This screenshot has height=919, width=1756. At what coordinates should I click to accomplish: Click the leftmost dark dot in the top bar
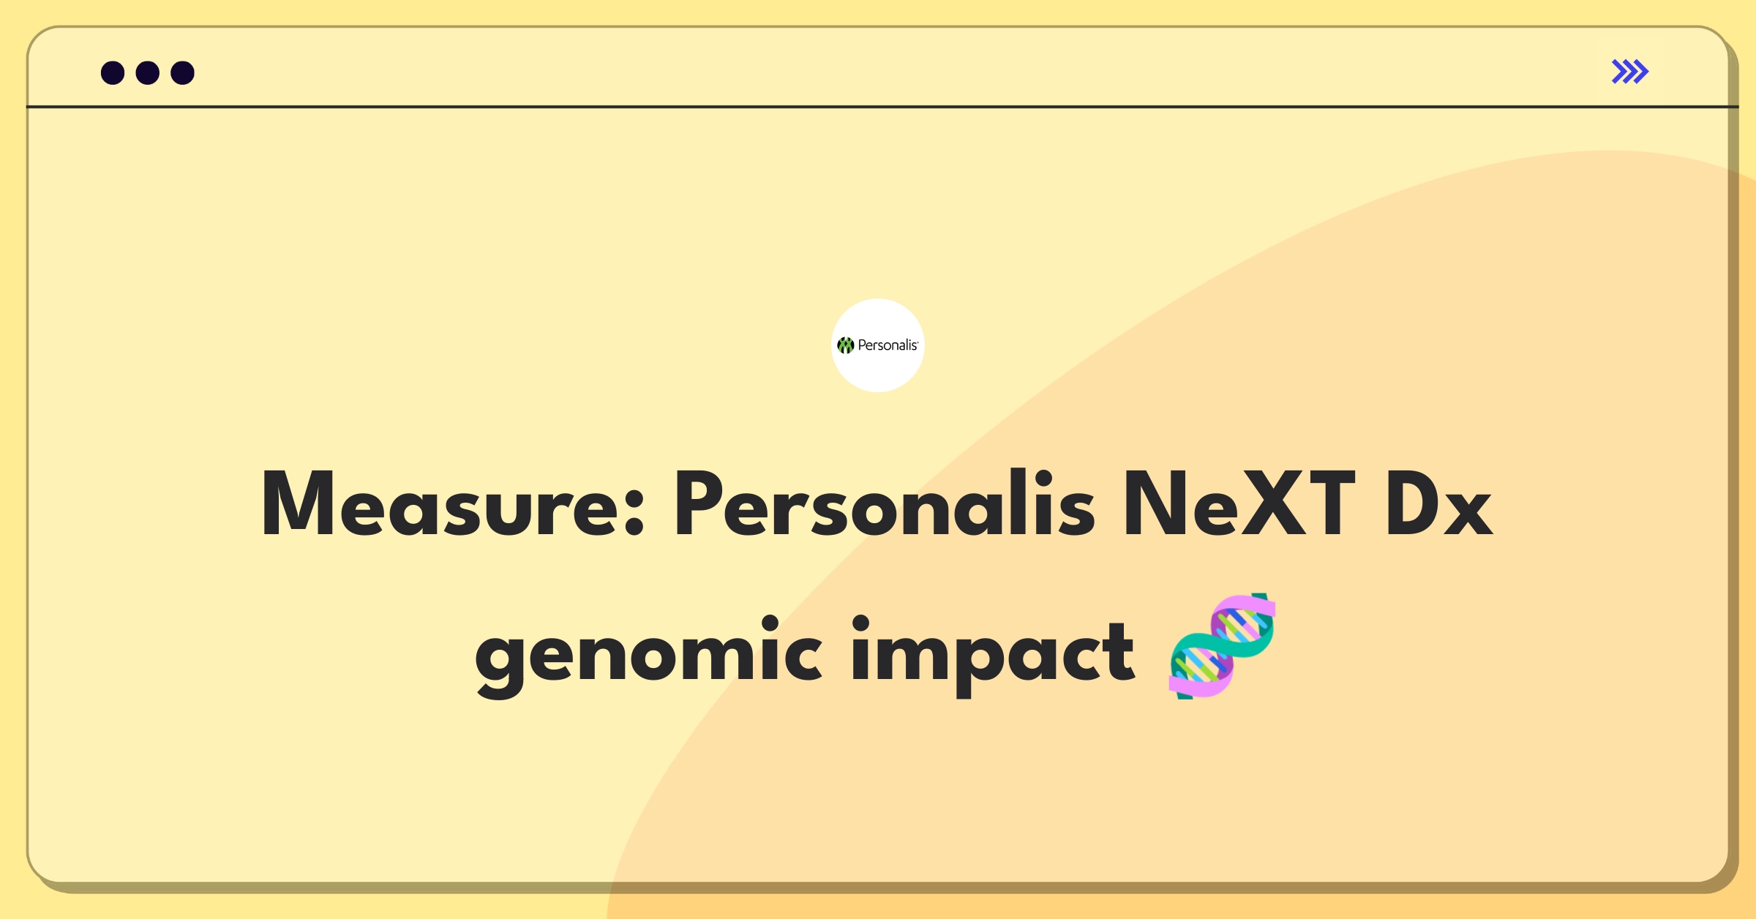point(113,72)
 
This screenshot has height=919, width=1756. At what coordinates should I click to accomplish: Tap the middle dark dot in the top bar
point(148,72)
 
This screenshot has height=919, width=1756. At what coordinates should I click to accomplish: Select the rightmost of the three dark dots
point(183,72)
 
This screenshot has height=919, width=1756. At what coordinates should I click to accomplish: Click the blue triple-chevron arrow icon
point(1630,72)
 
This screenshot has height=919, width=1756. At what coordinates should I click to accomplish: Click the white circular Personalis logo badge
point(878,345)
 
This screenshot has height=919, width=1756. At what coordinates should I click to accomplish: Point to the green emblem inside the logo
point(846,345)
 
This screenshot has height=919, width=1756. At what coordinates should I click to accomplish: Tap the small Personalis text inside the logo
point(888,345)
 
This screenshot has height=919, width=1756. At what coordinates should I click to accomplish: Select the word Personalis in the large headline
point(885,503)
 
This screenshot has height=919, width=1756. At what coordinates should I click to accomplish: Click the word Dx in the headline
point(1438,504)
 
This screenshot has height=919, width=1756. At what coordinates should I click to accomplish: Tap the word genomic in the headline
point(648,653)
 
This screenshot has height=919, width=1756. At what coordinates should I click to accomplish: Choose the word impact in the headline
point(993,653)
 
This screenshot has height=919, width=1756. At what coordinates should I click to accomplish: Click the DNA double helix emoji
point(1223,646)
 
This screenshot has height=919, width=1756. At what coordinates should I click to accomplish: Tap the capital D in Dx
point(1414,504)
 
